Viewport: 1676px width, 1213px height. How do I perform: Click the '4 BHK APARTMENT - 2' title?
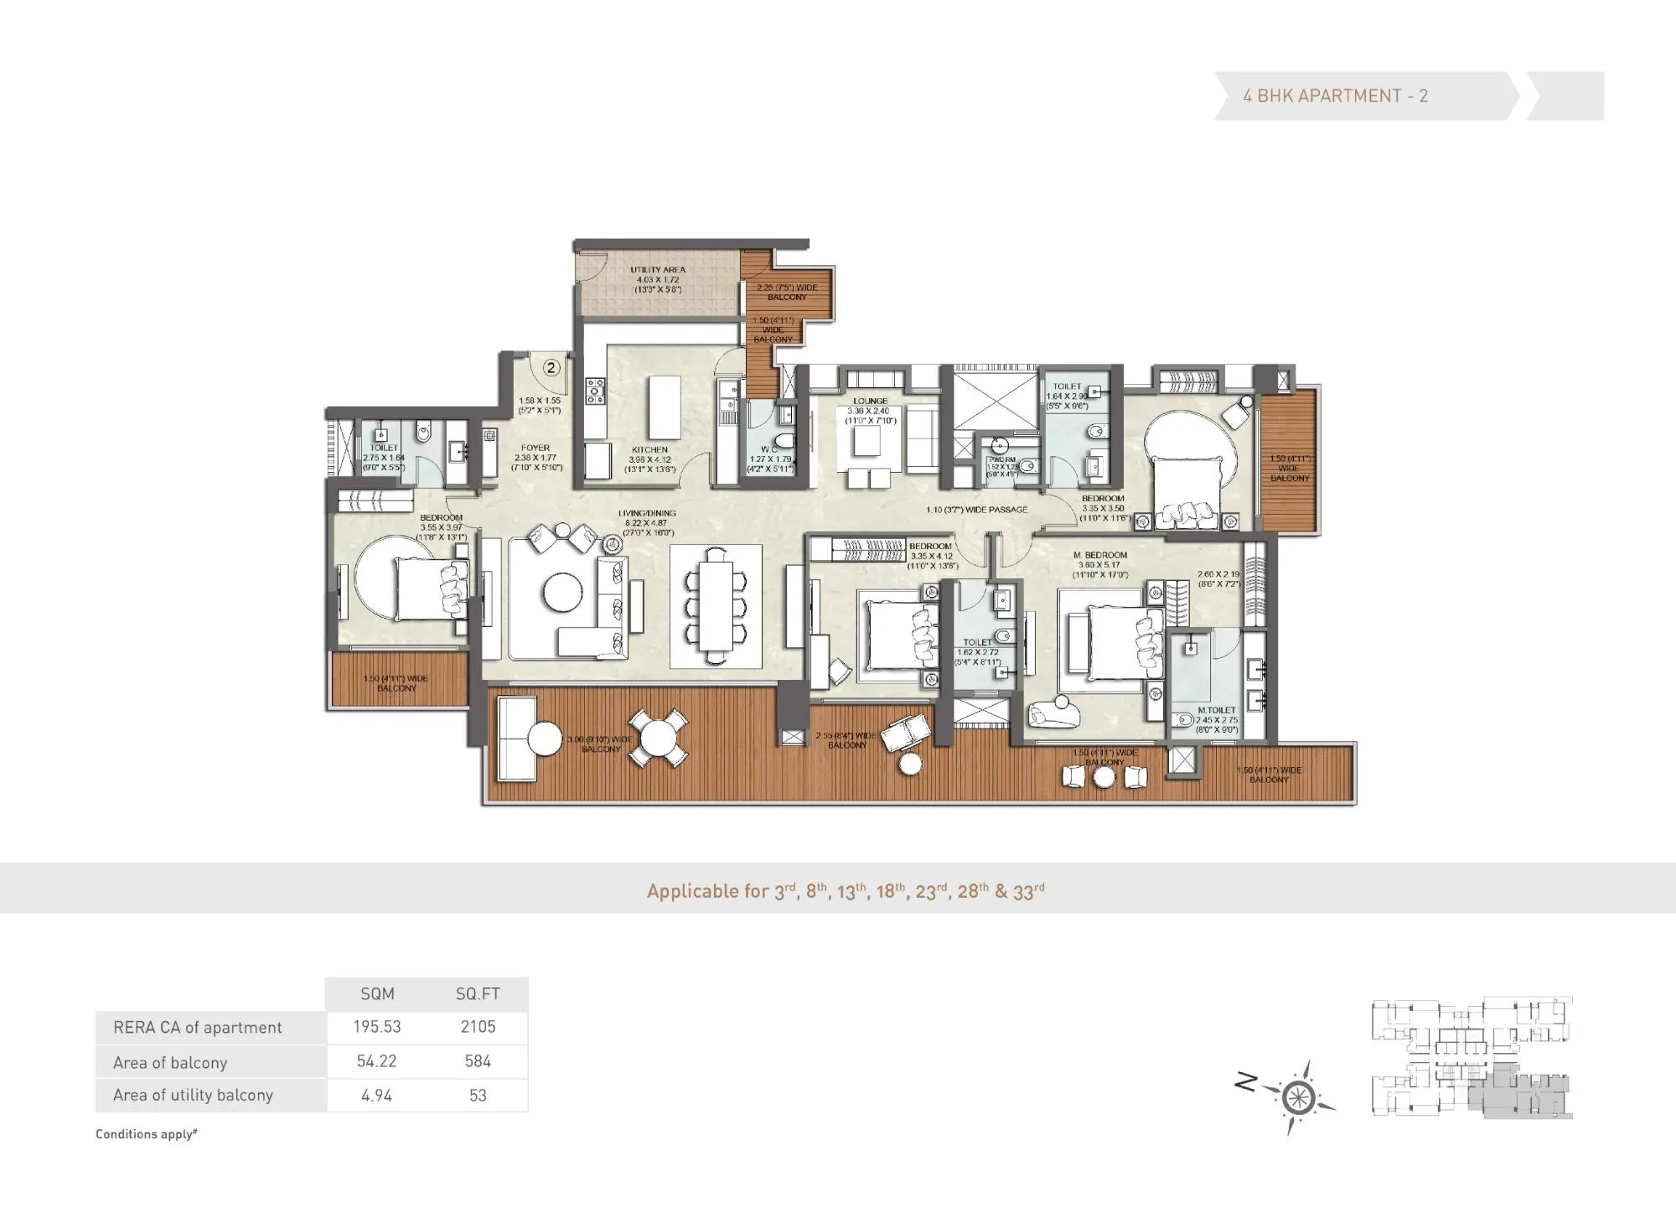point(1335,96)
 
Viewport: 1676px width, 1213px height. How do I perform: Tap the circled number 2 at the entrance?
point(551,367)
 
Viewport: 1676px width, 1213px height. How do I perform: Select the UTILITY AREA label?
point(658,270)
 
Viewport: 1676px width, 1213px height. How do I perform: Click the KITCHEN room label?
point(649,450)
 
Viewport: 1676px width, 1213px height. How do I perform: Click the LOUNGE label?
point(870,402)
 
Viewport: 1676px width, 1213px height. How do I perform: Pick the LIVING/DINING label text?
point(647,514)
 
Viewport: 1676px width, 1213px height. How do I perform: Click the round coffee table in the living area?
point(563,592)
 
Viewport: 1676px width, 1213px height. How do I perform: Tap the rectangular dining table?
point(716,605)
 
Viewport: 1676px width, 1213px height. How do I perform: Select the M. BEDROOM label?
point(1099,555)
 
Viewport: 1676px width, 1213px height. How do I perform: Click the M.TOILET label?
point(1217,710)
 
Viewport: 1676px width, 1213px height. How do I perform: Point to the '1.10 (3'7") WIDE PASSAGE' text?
point(976,510)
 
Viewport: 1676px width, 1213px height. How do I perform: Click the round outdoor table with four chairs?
point(659,739)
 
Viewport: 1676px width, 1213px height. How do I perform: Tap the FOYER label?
point(535,448)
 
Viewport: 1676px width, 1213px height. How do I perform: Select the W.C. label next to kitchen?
point(768,449)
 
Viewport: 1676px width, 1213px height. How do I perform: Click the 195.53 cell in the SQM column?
point(376,1027)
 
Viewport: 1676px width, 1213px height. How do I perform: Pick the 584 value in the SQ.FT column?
point(478,1061)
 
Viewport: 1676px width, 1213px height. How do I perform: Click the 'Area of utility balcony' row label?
point(193,1095)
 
